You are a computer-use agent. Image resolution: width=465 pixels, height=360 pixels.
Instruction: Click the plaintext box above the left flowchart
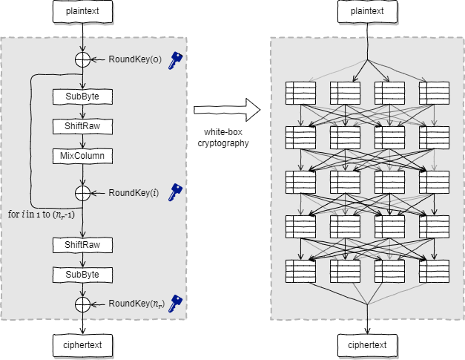point(82,11)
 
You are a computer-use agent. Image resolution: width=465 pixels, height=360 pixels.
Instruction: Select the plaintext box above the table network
point(367,11)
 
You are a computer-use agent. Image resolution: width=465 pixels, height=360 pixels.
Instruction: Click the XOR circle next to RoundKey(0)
point(82,59)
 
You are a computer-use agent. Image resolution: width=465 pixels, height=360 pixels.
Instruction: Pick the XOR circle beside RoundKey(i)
point(82,193)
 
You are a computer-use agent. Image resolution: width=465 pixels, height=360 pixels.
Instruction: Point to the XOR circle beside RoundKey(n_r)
point(82,303)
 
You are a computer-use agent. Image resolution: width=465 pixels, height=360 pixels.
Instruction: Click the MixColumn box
point(82,156)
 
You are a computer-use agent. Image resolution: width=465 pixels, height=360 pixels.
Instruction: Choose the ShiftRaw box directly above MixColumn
point(82,126)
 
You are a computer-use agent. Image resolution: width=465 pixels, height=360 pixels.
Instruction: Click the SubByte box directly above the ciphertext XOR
point(82,275)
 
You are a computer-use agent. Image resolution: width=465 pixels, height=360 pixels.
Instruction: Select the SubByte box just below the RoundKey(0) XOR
point(82,96)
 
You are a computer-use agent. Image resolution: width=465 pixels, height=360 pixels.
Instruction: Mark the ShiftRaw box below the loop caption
point(82,244)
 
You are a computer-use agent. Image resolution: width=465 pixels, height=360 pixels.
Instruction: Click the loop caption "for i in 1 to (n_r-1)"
point(45,215)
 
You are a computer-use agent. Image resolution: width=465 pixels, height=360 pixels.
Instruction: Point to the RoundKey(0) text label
point(135,59)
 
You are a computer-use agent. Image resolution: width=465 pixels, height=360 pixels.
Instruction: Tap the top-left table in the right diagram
point(300,93)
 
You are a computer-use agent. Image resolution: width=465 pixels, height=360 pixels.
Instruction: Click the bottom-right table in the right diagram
point(434,271)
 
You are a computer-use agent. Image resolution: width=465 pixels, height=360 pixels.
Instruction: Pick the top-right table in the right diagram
point(434,93)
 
